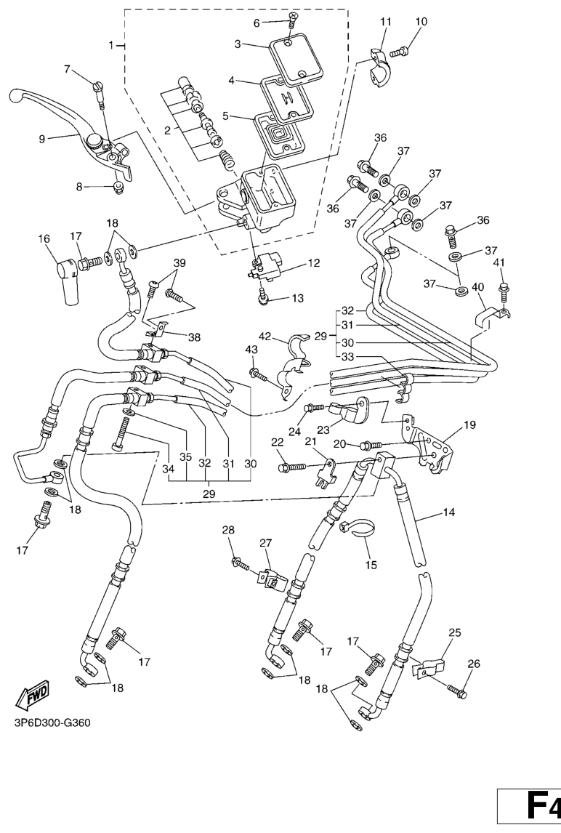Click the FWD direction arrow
[33, 698]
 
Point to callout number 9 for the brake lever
[43, 137]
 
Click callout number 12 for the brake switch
[313, 263]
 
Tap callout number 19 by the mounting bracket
[469, 424]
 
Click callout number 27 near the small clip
[265, 542]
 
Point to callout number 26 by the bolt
[473, 663]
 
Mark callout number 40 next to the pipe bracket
[477, 287]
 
